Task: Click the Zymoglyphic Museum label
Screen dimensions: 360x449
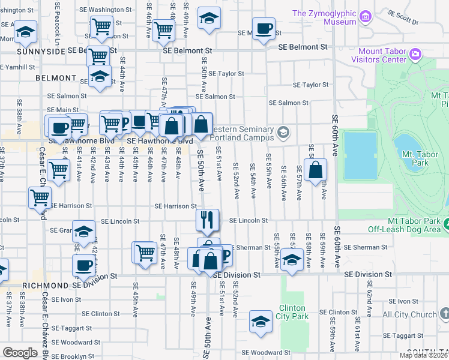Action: pos(324,17)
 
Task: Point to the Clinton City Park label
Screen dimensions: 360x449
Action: pos(293,312)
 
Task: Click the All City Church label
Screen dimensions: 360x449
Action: pos(409,314)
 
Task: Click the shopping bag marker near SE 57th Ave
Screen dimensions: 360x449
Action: pos(315,170)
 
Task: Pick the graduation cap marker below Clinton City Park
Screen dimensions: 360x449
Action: pos(261,322)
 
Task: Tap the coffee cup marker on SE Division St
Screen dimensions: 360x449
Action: pos(84,265)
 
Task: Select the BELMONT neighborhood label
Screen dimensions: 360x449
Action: pos(56,78)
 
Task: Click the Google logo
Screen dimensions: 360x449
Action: pos(20,353)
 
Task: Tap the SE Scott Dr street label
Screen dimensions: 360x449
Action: pos(402,17)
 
